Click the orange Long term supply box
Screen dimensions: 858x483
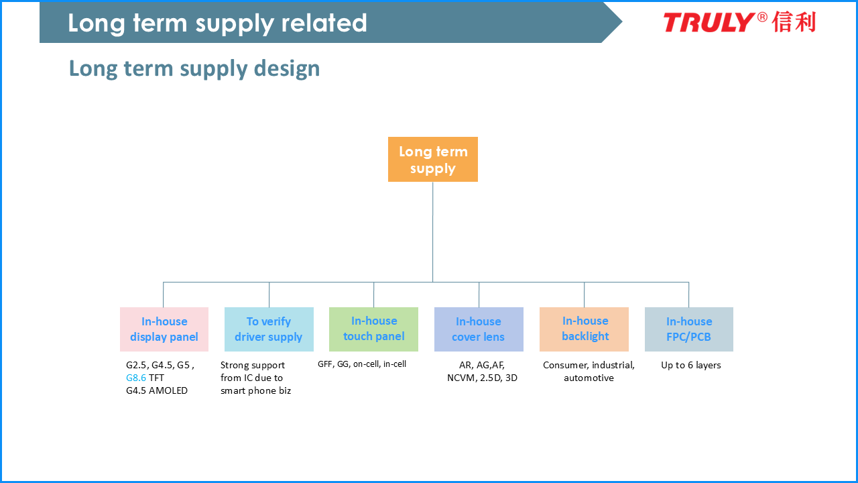point(433,159)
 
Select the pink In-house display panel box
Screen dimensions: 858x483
point(164,329)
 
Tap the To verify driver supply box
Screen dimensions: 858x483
point(269,329)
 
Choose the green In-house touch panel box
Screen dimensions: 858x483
point(373,329)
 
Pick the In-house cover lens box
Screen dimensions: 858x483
point(479,329)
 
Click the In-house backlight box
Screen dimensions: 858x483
point(584,329)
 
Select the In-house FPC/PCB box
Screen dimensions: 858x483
point(689,329)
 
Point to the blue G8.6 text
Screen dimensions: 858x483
point(136,378)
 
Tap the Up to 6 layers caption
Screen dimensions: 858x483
point(691,365)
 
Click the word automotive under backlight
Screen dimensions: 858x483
point(589,378)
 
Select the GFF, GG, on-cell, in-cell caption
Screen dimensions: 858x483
point(362,364)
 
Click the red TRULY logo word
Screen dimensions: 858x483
point(709,22)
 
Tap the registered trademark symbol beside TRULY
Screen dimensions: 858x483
point(762,17)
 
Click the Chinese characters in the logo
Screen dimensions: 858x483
point(794,22)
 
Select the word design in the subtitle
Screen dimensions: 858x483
point(287,69)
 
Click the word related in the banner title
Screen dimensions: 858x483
point(324,23)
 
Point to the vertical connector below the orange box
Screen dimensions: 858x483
point(433,232)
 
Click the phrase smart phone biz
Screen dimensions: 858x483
point(255,390)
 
